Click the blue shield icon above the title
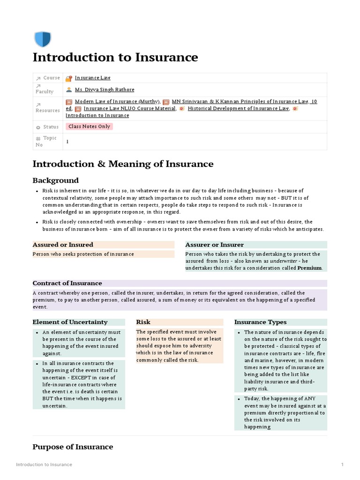pos(43,39)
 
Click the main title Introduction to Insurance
pos(115,58)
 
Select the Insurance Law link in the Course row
pos(92,78)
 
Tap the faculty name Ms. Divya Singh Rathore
pos(104,90)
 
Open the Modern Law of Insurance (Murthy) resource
pos(117,101)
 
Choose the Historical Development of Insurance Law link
pos(238,108)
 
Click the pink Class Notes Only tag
pos(89,127)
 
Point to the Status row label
pos(51,127)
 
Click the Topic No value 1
pos(67,141)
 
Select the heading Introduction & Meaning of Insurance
pos(122,164)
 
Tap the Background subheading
pos(55,180)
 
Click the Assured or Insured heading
pos(63,245)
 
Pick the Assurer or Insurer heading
pos(214,245)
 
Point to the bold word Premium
pos(309,268)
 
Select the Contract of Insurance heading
pos(67,283)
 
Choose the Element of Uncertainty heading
pos(70,322)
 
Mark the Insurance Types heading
pos(260,322)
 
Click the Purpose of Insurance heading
pos(73,447)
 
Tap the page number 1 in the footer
pos(342,465)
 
